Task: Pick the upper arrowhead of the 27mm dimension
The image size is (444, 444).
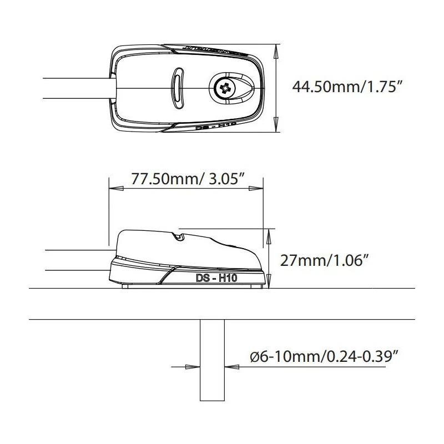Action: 270,233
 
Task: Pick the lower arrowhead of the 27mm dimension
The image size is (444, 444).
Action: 270,284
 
